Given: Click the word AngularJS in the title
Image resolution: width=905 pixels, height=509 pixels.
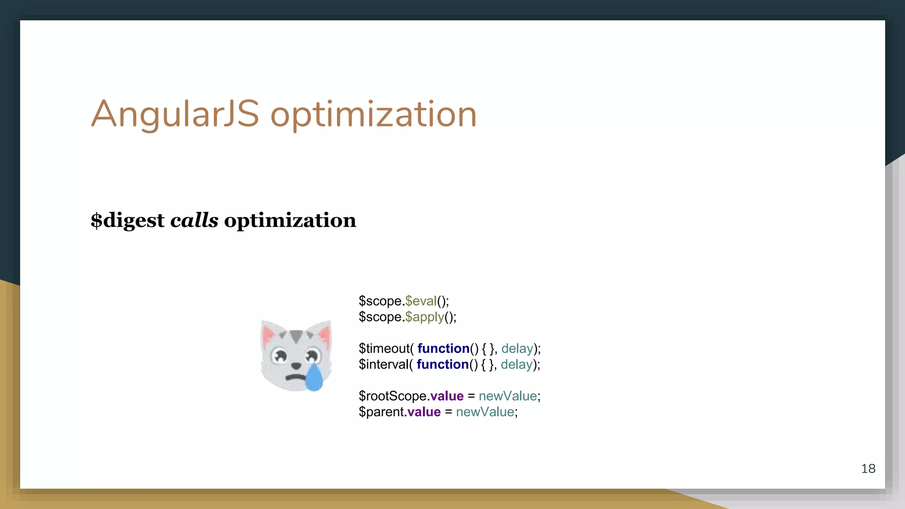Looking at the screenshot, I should click(175, 114).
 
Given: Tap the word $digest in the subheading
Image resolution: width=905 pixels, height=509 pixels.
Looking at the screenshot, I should click(127, 220).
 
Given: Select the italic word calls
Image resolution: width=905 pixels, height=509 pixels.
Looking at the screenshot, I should click(194, 220).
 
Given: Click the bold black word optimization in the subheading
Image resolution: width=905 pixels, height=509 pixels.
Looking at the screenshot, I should click(290, 220).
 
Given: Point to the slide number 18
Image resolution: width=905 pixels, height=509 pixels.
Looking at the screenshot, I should click(868, 468).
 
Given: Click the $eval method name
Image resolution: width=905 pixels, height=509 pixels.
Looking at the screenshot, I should click(421, 301).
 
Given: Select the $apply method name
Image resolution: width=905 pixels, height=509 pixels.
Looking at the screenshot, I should click(424, 317).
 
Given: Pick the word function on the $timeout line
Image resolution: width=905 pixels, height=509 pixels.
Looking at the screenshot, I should click(443, 349).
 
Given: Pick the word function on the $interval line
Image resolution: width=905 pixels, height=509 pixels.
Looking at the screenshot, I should click(442, 365).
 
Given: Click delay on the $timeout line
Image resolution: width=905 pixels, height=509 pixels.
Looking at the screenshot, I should click(517, 349).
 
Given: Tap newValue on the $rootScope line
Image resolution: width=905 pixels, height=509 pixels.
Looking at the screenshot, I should click(508, 396).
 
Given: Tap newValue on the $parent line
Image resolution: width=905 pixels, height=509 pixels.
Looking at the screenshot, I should click(485, 412).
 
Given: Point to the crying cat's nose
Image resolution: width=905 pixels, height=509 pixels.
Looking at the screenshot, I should click(296, 365).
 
